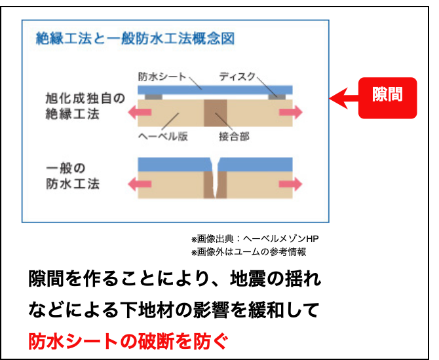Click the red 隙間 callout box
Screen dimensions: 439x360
click(387, 98)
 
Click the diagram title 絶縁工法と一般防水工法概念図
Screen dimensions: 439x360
click(135, 39)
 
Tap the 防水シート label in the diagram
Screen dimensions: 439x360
click(162, 77)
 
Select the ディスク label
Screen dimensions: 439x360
click(237, 76)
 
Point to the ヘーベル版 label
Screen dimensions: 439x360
click(163, 136)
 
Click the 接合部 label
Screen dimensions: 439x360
click(234, 137)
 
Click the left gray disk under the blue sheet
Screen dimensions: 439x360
click(153, 97)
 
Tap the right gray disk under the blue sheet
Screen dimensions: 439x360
click(277, 97)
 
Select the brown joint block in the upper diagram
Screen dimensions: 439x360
click(216, 113)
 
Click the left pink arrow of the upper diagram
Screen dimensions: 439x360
click(140, 112)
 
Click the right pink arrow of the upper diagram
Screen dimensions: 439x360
click(291, 112)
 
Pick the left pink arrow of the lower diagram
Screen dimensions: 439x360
click(140, 184)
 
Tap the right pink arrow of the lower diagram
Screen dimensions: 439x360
click(291, 184)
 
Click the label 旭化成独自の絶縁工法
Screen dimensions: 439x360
click(85, 106)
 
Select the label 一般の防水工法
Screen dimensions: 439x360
click(73, 176)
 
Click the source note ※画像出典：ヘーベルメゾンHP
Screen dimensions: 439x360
click(255, 239)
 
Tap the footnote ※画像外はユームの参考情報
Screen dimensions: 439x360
click(248, 252)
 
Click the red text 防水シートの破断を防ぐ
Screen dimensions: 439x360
click(128, 341)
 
